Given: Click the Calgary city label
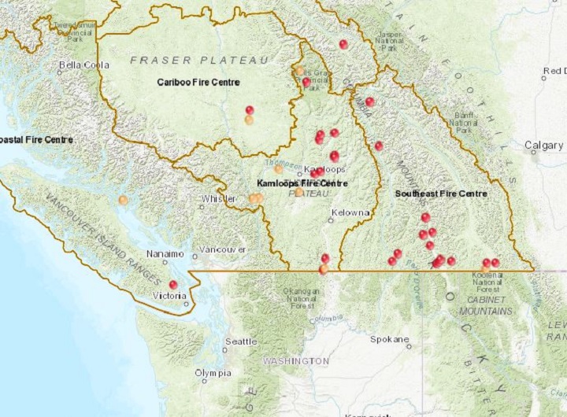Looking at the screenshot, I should [x=544, y=146].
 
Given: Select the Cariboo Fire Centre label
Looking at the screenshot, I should [x=198, y=82].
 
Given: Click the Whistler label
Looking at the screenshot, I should [x=218, y=199].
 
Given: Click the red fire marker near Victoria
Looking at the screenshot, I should [x=173, y=285].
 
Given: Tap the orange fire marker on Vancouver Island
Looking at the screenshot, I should [x=123, y=200].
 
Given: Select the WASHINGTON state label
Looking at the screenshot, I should [x=296, y=360].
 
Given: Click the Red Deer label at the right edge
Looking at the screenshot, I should [x=554, y=72].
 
